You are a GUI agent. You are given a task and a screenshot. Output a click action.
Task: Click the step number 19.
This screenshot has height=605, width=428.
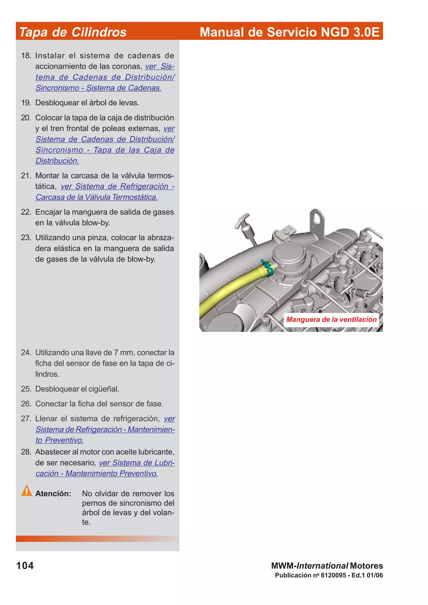[26, 103]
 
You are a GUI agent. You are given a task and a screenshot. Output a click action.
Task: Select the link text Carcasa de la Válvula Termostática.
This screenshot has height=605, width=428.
[97, 197]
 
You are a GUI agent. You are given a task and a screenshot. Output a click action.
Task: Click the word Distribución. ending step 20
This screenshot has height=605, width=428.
[57, 161]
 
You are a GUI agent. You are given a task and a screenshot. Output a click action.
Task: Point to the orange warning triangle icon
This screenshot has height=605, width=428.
[27, 491]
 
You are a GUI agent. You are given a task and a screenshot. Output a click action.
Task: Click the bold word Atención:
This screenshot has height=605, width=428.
[53, 494]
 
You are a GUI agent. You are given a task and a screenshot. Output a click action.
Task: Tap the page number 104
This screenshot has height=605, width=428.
[25, 566]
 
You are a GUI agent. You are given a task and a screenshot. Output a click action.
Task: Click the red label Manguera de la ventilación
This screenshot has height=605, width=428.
[331, 320]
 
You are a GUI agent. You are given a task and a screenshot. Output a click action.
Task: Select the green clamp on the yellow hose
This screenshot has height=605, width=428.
[267, 267]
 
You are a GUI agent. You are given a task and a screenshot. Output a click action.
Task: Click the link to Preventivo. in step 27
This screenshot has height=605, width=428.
[59, 440]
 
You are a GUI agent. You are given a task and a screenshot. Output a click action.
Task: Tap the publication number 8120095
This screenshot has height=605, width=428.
[333, 575]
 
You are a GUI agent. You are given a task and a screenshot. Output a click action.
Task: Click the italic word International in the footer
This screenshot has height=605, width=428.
[322, 566]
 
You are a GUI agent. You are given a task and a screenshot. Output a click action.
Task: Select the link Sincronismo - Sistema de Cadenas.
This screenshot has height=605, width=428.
[98, 88]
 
